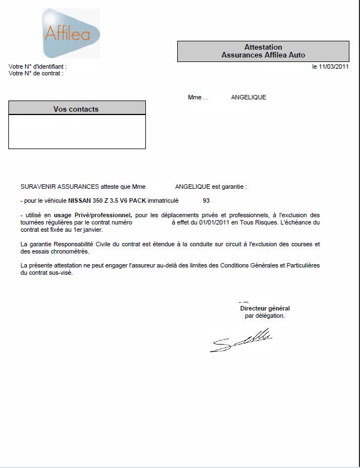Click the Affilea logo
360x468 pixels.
click(71, 34)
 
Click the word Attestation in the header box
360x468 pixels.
click(263, 47)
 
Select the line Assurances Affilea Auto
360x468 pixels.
click(263, 55)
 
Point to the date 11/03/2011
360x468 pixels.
click(334, 66)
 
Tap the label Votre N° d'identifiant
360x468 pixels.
click(37, 66)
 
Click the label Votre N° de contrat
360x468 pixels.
click(36, 73)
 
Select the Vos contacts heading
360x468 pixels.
click(76, 109)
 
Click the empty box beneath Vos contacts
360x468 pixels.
click(77, 132)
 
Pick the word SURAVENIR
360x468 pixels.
click(39, 187)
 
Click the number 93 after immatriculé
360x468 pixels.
click(206, 200)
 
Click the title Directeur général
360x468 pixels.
click(265, 308)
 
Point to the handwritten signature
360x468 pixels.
click(240, 340)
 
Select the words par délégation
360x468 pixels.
click(265, 316)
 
